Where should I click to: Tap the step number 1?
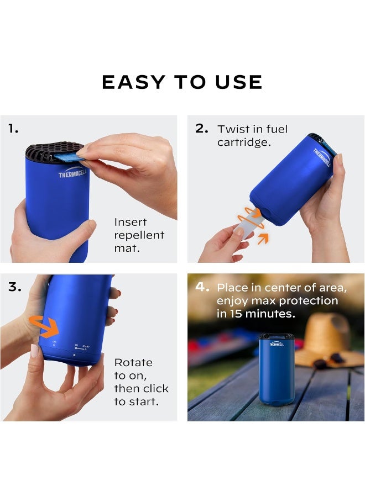[13, 129]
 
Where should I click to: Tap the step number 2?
[202, 129]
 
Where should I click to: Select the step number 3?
[14, 287]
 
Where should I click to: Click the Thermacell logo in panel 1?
[72, 175]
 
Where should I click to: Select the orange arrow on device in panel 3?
[44, 326]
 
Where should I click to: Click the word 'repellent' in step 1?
[139, 235]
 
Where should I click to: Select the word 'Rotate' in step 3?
[133, 363]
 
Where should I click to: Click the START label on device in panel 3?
[86, 347]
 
